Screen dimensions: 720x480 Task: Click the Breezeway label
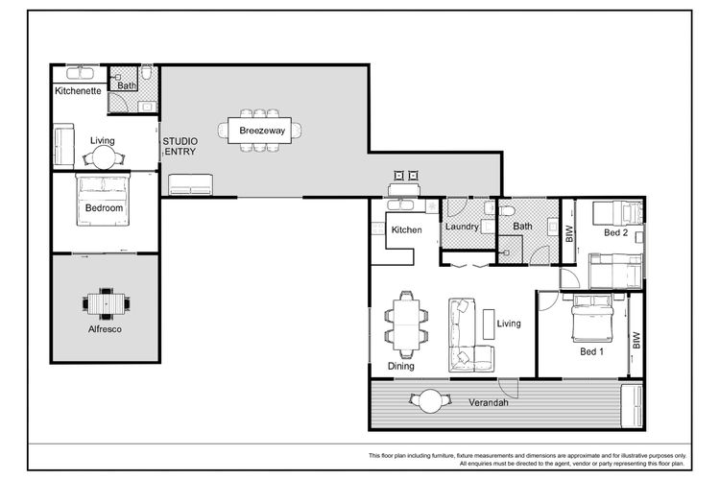(262, 131)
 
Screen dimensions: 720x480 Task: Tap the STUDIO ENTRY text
(180, 147)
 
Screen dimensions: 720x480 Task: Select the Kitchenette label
(78, 91)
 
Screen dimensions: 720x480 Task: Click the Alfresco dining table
(106, 303)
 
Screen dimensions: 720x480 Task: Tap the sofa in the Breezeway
(191, 184)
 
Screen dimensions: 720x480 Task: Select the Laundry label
(462, 227)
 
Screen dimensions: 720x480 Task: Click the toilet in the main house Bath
(507, 212)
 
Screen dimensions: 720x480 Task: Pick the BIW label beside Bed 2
(569, 234)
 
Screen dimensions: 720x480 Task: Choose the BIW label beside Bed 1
(636, 341)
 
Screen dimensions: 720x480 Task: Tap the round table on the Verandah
(430, 401)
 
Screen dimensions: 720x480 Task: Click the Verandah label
(488, 403)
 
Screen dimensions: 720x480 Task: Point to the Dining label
(401, 366)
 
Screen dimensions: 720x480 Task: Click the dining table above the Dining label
(406, 324)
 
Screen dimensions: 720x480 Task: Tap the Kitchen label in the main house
(406, 229)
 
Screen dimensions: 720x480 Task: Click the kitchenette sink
(81, 74)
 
